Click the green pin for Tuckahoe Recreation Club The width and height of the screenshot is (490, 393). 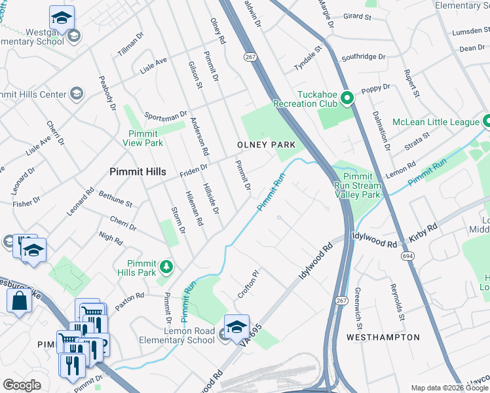click(x=347, y=100)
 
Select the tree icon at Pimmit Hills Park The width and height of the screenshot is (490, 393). click(x=166, y=266)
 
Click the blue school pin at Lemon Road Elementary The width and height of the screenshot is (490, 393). click(x=236, y=326)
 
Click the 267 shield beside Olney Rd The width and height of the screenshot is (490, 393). click(x=249, y=57)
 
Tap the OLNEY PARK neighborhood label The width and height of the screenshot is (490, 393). click(x=266, y=144)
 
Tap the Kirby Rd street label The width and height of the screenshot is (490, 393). click(x=424, y=235)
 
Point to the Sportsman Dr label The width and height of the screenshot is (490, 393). click(x=165, y=116)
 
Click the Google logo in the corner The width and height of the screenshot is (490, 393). click(x=22, y=385)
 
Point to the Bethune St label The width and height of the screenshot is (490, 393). click(x=115, y=199)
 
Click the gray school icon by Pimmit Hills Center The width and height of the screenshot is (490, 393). click(x=76, y=94)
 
